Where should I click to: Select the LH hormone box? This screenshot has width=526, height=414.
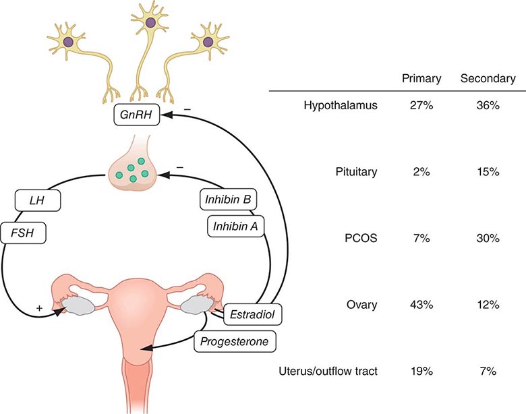(x=37, y=200)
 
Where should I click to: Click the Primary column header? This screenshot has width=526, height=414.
(x=421, y=79)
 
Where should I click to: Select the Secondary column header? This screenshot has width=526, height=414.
(x=488, y=79)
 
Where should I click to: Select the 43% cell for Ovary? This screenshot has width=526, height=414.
(x=421, y=305)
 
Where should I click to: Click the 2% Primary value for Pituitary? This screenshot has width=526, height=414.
(x=421, y=172)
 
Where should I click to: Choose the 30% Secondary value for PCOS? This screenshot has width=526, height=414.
(x=488, y=239)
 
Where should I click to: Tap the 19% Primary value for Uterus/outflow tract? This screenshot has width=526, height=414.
(x=421, y=371)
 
